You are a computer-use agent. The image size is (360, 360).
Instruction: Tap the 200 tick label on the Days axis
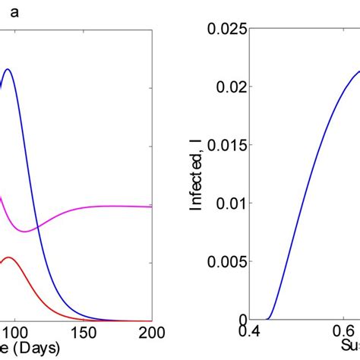pos(151,333)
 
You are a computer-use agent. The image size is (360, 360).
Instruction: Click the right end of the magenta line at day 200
pos(151,206)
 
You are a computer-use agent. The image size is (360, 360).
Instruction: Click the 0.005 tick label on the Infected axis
pos(228,261)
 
